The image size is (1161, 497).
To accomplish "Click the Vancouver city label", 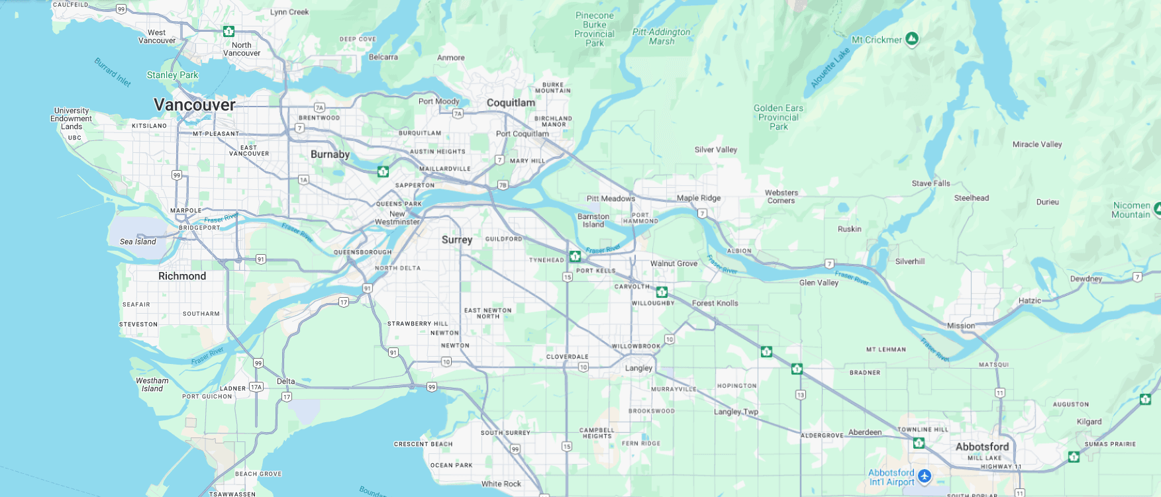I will (x=195, y=105).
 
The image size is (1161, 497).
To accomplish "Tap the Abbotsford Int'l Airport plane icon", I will (x=925, y=476).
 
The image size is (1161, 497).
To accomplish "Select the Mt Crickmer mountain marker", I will (x=912, y=39).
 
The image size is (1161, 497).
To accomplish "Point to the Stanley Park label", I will (x=172, y=75).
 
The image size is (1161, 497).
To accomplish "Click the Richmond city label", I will (x=182, y=276).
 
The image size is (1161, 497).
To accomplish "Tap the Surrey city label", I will (x=457, y=240).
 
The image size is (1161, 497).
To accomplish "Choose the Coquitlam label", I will (x=511, y=103).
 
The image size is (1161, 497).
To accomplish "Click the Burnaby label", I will (x=330, y=154).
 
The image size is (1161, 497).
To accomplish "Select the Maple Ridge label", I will (x=698, y=198).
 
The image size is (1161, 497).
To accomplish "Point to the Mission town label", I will (x=960, y=326).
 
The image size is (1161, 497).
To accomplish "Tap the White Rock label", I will (x=501, y=484).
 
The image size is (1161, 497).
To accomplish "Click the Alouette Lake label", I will (x=830, y=68).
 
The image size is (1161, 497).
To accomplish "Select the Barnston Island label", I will (x=593, y=220).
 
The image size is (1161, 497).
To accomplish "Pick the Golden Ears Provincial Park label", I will (x=778, y=117).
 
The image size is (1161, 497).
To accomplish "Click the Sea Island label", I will (x=138, y=242).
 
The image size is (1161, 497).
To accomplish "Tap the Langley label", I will (x=638, y=368).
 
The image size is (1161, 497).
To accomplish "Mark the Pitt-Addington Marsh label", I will (x=661, y=36).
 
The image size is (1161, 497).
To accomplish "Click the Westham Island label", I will (x=152, y=384).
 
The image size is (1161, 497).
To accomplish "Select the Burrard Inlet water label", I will (x=113, y=72).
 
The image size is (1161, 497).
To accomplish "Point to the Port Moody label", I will (x=438, y=101).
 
